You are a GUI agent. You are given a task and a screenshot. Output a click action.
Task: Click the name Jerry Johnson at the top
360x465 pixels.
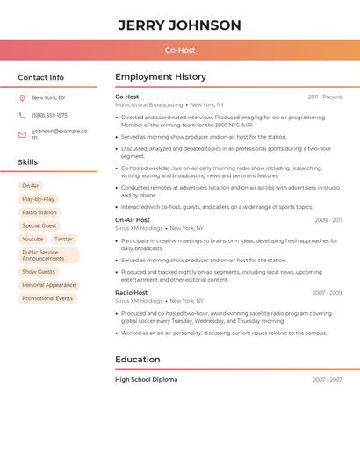point(179,25)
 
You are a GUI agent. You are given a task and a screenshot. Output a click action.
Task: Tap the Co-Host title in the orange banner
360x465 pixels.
point(180,50)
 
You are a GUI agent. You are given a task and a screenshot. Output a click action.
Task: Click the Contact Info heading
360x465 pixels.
point(40,77)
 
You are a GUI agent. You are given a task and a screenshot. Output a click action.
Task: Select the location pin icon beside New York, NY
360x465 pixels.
point(22,97)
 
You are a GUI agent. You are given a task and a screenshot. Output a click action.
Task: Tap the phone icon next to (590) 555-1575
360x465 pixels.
point(22,115)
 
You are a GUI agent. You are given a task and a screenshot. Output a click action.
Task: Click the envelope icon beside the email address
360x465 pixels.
point(22,134)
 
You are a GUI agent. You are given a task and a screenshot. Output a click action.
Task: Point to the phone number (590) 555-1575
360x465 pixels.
point(49,115)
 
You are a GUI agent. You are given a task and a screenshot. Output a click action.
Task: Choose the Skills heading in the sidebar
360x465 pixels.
point(27,162)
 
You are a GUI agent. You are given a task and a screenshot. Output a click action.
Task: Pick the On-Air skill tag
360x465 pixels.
point(31,186)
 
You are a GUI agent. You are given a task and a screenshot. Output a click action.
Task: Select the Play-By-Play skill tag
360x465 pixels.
point(38,199)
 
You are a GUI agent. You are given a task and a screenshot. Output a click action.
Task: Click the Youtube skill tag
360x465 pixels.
point(32,239)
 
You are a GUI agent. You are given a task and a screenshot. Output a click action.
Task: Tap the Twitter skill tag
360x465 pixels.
point(63,239)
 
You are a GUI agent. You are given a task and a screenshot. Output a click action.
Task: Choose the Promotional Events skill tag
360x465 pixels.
point(47,298)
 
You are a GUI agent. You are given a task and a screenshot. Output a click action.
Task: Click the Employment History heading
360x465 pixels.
point(161,77)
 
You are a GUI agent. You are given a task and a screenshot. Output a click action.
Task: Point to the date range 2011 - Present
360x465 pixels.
point(325,97)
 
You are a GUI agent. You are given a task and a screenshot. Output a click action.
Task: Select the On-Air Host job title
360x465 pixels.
point(133,220)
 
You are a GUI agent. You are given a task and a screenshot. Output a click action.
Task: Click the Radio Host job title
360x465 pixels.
point(131,293)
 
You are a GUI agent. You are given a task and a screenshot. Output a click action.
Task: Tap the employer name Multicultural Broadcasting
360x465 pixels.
point(149,104)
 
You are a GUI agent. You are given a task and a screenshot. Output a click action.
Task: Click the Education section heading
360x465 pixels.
point(138,359)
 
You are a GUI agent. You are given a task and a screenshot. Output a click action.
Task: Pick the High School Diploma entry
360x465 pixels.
point(147,380)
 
